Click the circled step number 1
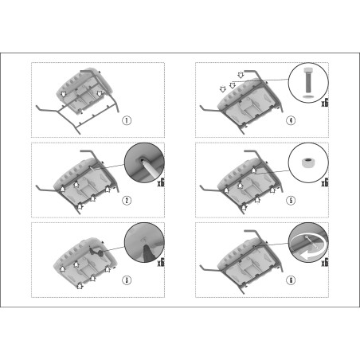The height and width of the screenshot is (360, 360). pos(127,120)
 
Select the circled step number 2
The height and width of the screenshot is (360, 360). pos(127,201)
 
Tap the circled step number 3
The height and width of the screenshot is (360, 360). pos(127,280)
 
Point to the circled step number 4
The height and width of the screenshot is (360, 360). pos(291,120)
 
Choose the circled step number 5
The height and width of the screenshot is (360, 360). pos(291,201)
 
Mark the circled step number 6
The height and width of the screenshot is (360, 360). pos(291,280)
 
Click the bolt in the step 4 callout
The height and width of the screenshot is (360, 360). pos(308,80)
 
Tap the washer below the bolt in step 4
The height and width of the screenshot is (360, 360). pos(308,96)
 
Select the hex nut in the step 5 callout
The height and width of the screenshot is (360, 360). pos(308,162)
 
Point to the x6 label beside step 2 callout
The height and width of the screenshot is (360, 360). pos(161,182)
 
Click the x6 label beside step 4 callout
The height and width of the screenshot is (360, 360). pos(325,103)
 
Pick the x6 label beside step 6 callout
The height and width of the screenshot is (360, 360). pos(325,263)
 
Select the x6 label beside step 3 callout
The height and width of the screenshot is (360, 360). pos(161,263)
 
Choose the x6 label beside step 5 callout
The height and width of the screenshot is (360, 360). pos(325,182)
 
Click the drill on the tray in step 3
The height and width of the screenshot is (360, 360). pos(96,252)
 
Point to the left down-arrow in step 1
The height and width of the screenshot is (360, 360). pos(63,94)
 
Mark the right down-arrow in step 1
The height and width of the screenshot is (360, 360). pos(100,93)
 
